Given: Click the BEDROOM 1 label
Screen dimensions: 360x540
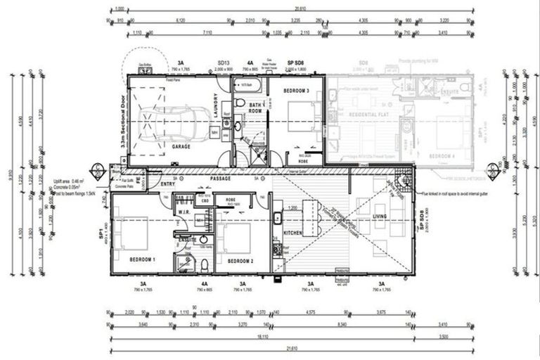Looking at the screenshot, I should coord(143,260).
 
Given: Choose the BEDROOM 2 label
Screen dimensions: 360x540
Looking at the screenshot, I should coord(240,260).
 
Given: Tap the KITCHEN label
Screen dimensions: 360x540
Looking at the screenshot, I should coord(292,231).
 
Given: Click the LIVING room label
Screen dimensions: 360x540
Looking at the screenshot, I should coord(380,217).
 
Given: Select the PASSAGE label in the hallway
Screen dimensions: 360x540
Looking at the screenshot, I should coord(221,179).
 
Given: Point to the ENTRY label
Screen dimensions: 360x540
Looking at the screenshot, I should coord(168,184).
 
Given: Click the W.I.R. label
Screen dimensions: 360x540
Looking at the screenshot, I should coord(185,211).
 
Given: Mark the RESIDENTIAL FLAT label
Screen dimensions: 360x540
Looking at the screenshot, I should coord(358,113).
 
